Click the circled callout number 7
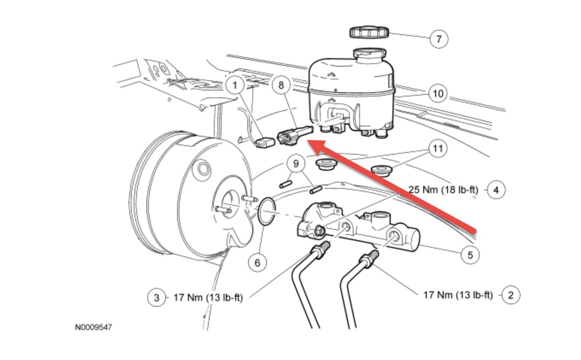pos(438,39)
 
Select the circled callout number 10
pos(437,93)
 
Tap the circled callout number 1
pos(235,85)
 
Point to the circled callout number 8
pos(280,85)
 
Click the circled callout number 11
pos(437,149)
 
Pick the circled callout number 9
pos(296,165)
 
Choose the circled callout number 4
pos(496,190)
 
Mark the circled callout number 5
pos(470,255)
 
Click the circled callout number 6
pos(257,262)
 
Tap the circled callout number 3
pos(156,297)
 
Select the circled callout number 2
pos(510,294)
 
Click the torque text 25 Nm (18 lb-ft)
pos(443,190)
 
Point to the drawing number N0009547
pos(97,329)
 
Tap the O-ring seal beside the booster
pos(265,211)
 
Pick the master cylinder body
pos(359,231)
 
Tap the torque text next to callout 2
pos(457,294)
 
